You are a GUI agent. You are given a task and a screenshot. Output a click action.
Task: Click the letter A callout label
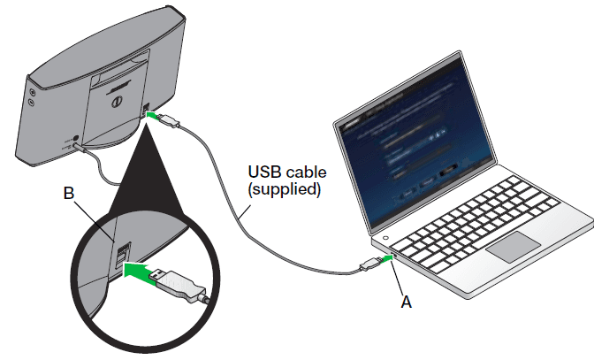tap(407, 301)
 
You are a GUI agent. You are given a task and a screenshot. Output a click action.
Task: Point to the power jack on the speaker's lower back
tap(74, 139)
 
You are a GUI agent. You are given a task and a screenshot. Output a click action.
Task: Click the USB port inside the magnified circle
tap(122, 257)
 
